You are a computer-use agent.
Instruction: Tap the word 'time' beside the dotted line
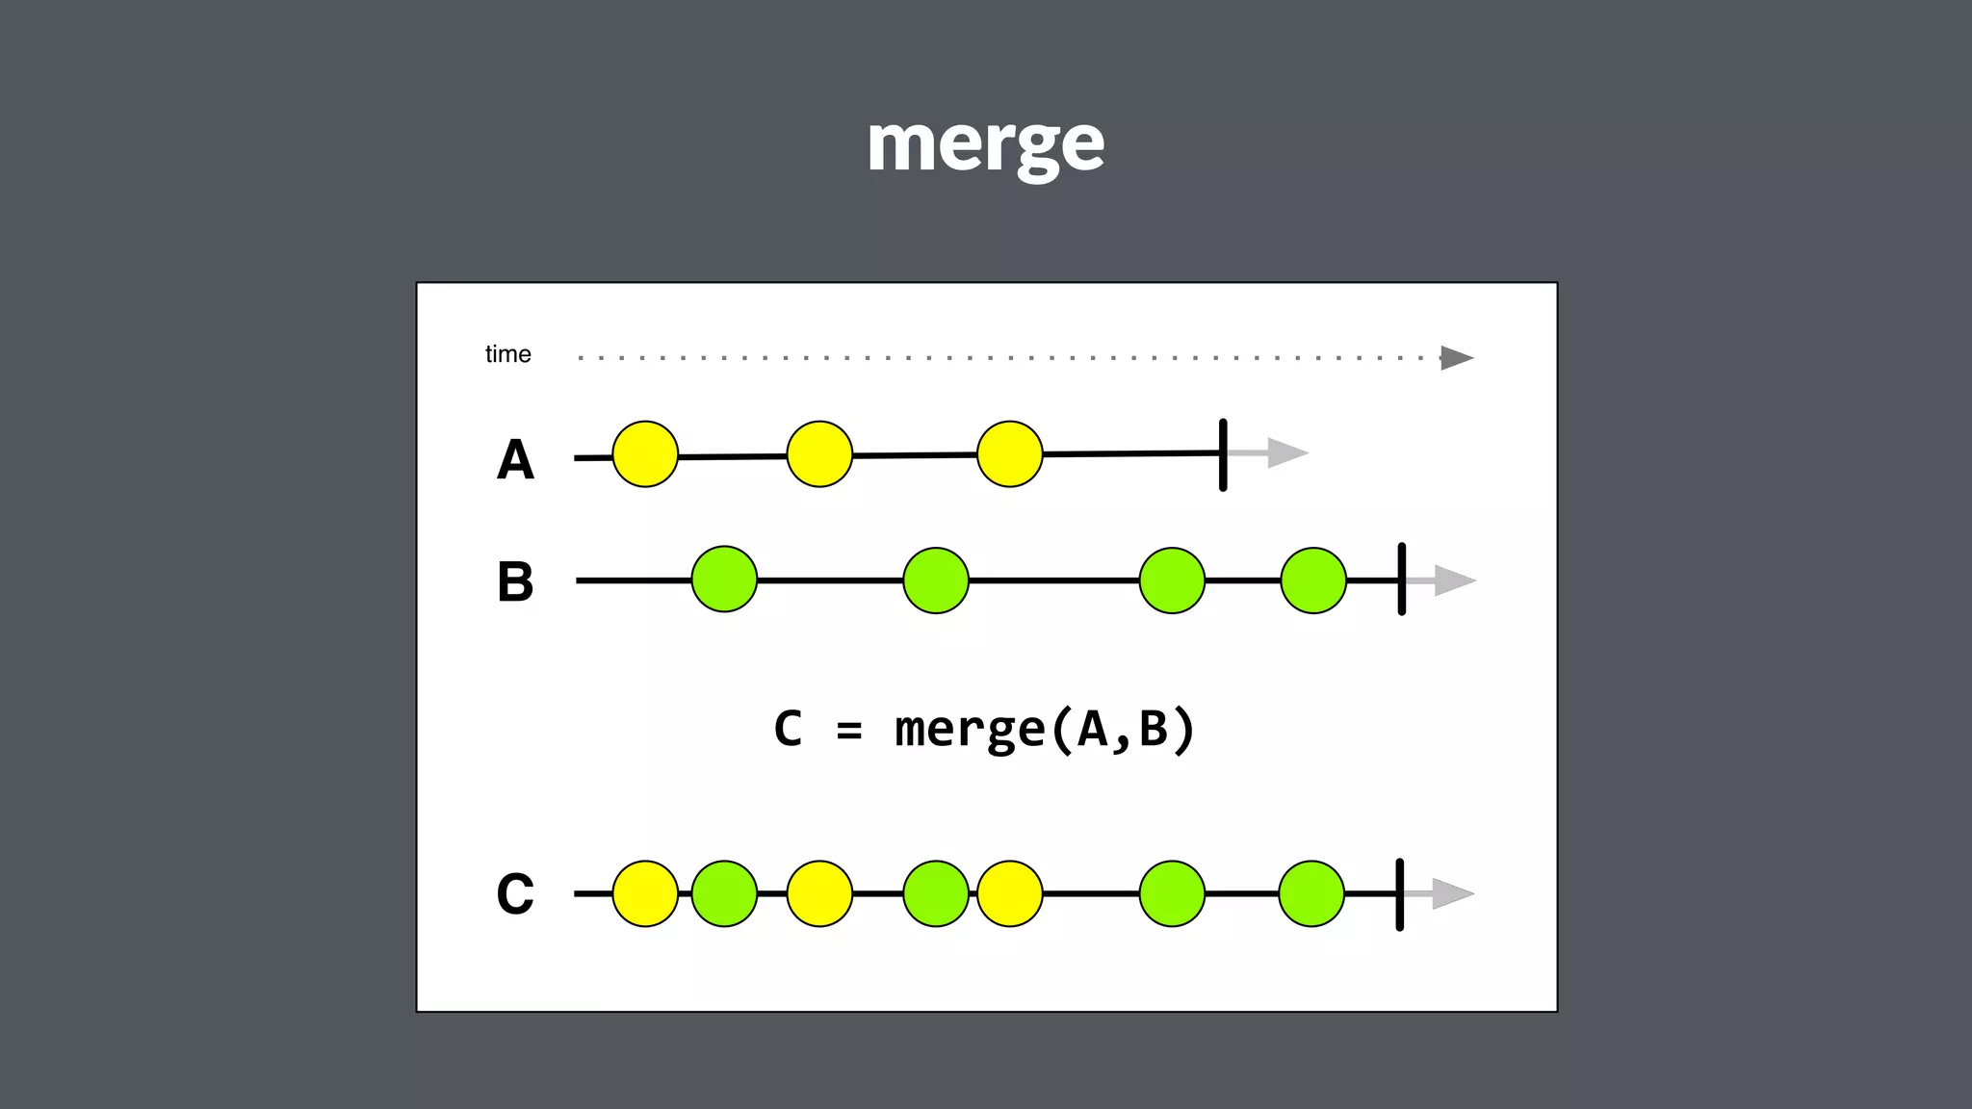tap(507, 354)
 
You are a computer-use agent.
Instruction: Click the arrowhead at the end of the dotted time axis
tap(1456, 358)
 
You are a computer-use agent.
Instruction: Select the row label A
tap(515, 459)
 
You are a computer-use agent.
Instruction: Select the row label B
tap(515, 581)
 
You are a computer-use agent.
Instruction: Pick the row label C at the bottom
tap(515, 893)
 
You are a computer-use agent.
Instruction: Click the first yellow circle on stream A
tap(645, 454)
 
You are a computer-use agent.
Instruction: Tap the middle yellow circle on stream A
tap(819, 454)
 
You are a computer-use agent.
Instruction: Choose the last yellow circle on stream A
tap(1009, 454)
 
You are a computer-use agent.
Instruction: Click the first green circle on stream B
tap(724, 580)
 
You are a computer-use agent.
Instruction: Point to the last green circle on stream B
tap(1313, 580)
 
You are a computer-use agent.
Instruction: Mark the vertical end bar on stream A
tap(1223, 454)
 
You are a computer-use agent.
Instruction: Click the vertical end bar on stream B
tap(1401, 580)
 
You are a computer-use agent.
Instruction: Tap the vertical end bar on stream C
tap(1399, 894)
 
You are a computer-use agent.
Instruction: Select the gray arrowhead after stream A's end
tap(1286, 452)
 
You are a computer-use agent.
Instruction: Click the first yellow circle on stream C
tap(645, 893)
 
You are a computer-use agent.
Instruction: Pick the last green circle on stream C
tap(1311, 893)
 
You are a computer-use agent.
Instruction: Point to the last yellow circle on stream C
tap(1009, 893)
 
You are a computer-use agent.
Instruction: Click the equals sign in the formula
tap(848, 731)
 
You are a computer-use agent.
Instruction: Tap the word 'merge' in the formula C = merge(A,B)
tap(970, 730)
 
